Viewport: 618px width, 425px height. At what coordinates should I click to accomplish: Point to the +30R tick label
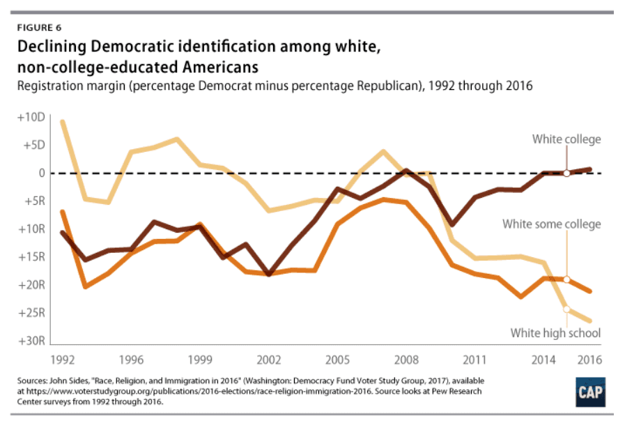click(x=31, y=341)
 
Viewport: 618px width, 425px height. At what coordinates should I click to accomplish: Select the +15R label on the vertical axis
click(x=31, y=257)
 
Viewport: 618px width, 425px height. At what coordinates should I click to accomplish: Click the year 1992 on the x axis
click(x=63, y=362)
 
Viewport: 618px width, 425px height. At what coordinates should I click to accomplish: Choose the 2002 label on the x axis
click(x=269, y=362)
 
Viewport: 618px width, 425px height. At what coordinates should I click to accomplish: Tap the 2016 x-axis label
click(x=589, y=362)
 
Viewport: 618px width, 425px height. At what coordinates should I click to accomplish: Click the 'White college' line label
click(x=566, y=139)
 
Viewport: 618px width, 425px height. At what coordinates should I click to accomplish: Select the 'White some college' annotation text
click(x=551, y=224)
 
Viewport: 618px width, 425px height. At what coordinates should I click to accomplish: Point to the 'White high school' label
click(x=555, y=333)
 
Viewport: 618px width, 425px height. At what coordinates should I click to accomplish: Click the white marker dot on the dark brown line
click(x=566, y=173)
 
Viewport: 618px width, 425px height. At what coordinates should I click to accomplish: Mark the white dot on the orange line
click(x=566, y=279)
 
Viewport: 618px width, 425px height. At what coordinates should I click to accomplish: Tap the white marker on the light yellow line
click(x=566, y=309)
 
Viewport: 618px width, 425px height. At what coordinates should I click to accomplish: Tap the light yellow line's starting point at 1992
click(x=63, y=122)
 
